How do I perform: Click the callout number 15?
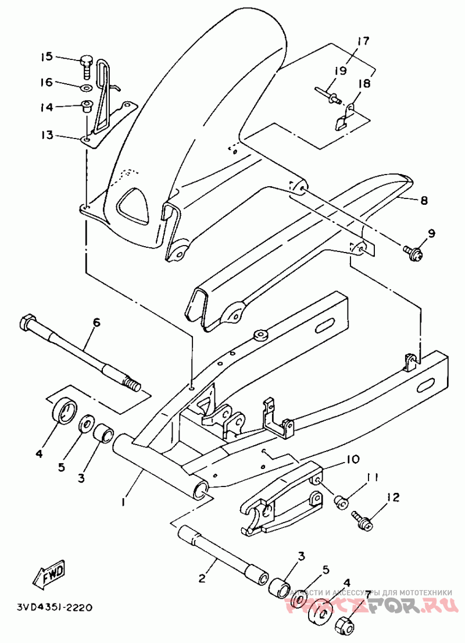tap(46, 56)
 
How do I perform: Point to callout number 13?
tap(46, 135)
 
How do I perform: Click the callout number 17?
tap(363, 41)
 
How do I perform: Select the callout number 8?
tap(424, 201)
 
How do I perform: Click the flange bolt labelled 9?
tap(413, 251)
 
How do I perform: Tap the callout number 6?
tap(96, 322)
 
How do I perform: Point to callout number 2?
tap(202, 578)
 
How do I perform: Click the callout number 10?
tap(353, 459)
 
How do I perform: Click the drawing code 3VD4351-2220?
tap(46, 608)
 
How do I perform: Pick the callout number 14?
tap(46, 107)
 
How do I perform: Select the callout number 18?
tap(364, 84)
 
